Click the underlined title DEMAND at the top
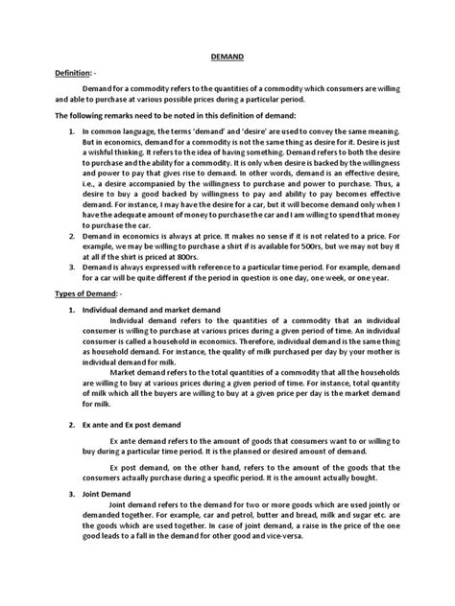pyautogui.click(x=227, y=56)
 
